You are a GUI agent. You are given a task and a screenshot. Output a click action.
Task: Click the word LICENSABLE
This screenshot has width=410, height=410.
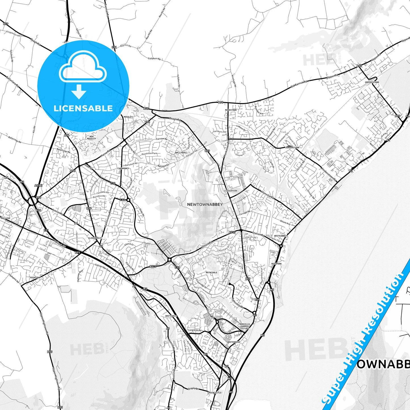pos(83,108)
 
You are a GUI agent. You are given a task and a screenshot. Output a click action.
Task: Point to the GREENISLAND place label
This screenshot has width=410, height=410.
pos(372,82)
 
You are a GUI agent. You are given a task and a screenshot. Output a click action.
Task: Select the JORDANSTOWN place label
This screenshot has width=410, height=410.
pos(292,148)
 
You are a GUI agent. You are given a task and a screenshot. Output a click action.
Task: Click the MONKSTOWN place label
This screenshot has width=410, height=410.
pos(231,110)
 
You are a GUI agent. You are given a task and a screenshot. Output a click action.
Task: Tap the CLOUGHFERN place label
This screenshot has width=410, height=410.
pos(230,191)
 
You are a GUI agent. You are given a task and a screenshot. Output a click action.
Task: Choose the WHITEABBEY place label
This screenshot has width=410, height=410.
pos(280,236)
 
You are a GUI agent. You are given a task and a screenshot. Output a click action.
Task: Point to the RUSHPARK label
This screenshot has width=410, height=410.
pos(276,264)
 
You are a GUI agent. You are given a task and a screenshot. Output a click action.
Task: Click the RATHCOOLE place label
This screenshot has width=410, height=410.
pos(211,272)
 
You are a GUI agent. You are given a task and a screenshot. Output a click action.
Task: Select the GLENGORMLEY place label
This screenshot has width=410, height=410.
pos(95,238)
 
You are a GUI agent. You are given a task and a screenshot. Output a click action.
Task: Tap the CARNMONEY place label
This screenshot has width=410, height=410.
pos(123,168)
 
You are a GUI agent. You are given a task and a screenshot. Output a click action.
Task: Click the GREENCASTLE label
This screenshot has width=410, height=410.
pos(215,393)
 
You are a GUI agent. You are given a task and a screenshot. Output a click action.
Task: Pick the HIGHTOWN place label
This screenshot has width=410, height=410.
pos(35,277)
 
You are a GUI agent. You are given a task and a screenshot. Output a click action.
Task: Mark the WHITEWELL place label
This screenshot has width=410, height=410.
pos(171,316)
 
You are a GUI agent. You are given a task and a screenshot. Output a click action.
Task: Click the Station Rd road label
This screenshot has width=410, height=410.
pos(258,234)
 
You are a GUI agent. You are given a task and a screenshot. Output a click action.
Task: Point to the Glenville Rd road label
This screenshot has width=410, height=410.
pos(268,194)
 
